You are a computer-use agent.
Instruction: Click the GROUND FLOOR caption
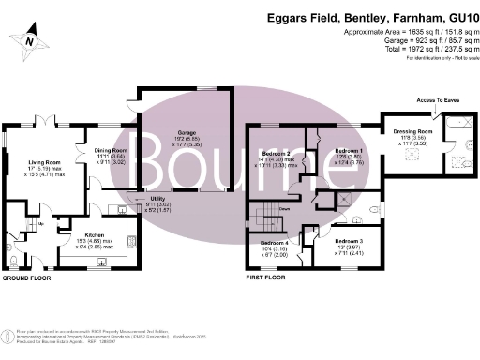point(25,278)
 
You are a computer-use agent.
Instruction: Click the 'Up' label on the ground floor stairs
point(41,222)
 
